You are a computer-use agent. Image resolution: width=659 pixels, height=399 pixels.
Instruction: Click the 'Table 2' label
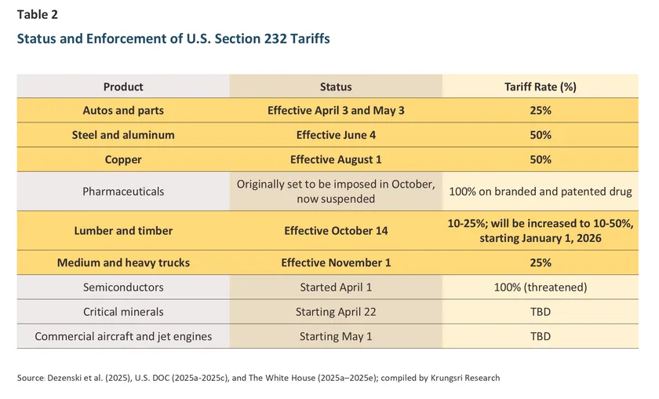(x=37, y=14)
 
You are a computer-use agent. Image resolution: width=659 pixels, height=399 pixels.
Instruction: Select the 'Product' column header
(x=123, y=86)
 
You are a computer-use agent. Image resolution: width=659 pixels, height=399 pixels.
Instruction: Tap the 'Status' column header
(x=336, y=86)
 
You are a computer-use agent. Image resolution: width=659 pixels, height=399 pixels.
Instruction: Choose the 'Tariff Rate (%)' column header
(x=541, y=86)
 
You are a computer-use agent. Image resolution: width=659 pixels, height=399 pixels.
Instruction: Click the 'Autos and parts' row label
(x=123, y=111)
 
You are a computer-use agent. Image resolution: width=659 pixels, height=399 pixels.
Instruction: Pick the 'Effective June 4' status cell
(x=336, y=135)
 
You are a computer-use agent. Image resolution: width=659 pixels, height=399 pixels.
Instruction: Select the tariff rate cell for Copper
(x=541, y=159)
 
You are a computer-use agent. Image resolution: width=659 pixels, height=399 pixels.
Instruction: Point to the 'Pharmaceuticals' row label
(x=123, y=191)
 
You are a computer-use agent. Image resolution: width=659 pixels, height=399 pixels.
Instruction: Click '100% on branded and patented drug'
(x=541, y=191)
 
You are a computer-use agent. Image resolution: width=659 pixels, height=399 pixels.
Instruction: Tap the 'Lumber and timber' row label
(x=123, y=231)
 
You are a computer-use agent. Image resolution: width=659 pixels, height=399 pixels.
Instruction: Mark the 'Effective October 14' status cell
(x=336, y=231)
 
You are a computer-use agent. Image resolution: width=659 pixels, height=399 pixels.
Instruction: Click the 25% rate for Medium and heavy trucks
(x=541, y=263)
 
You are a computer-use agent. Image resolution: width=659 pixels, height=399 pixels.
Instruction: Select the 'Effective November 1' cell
(x=336, y=263)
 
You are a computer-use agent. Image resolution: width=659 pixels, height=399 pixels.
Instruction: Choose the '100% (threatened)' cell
(x=541, y=287)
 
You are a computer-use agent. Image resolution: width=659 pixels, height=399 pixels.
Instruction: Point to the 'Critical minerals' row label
(x=123, y=312)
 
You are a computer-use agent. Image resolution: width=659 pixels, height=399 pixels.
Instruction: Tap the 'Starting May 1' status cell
(x=336, y=336)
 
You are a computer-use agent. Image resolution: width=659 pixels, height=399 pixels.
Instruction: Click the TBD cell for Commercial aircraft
(x=541, y=336)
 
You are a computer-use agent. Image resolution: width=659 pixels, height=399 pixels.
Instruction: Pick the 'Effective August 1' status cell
(x=336, y=159)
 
